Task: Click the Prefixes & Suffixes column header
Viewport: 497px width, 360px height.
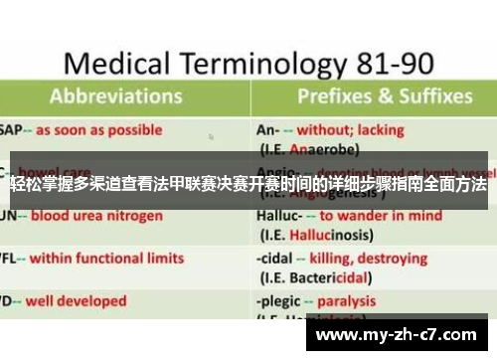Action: [x=383, y=96]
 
